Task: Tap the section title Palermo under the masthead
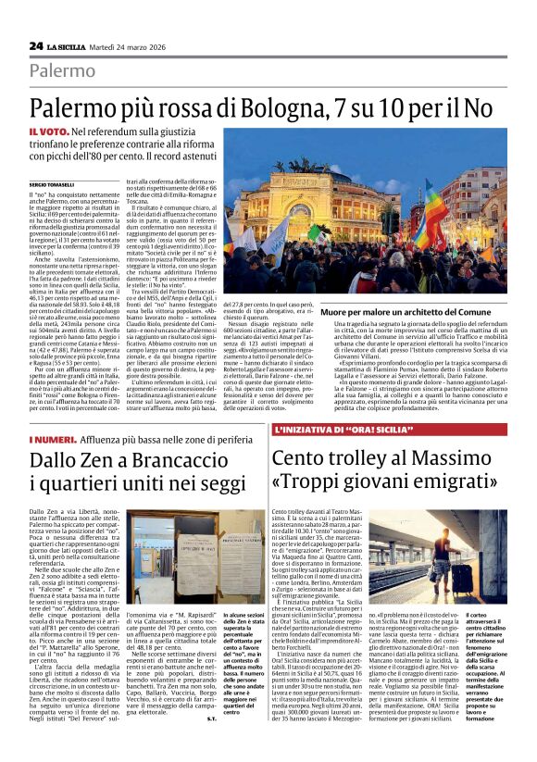click(62, 70)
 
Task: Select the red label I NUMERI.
click(50, 439)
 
